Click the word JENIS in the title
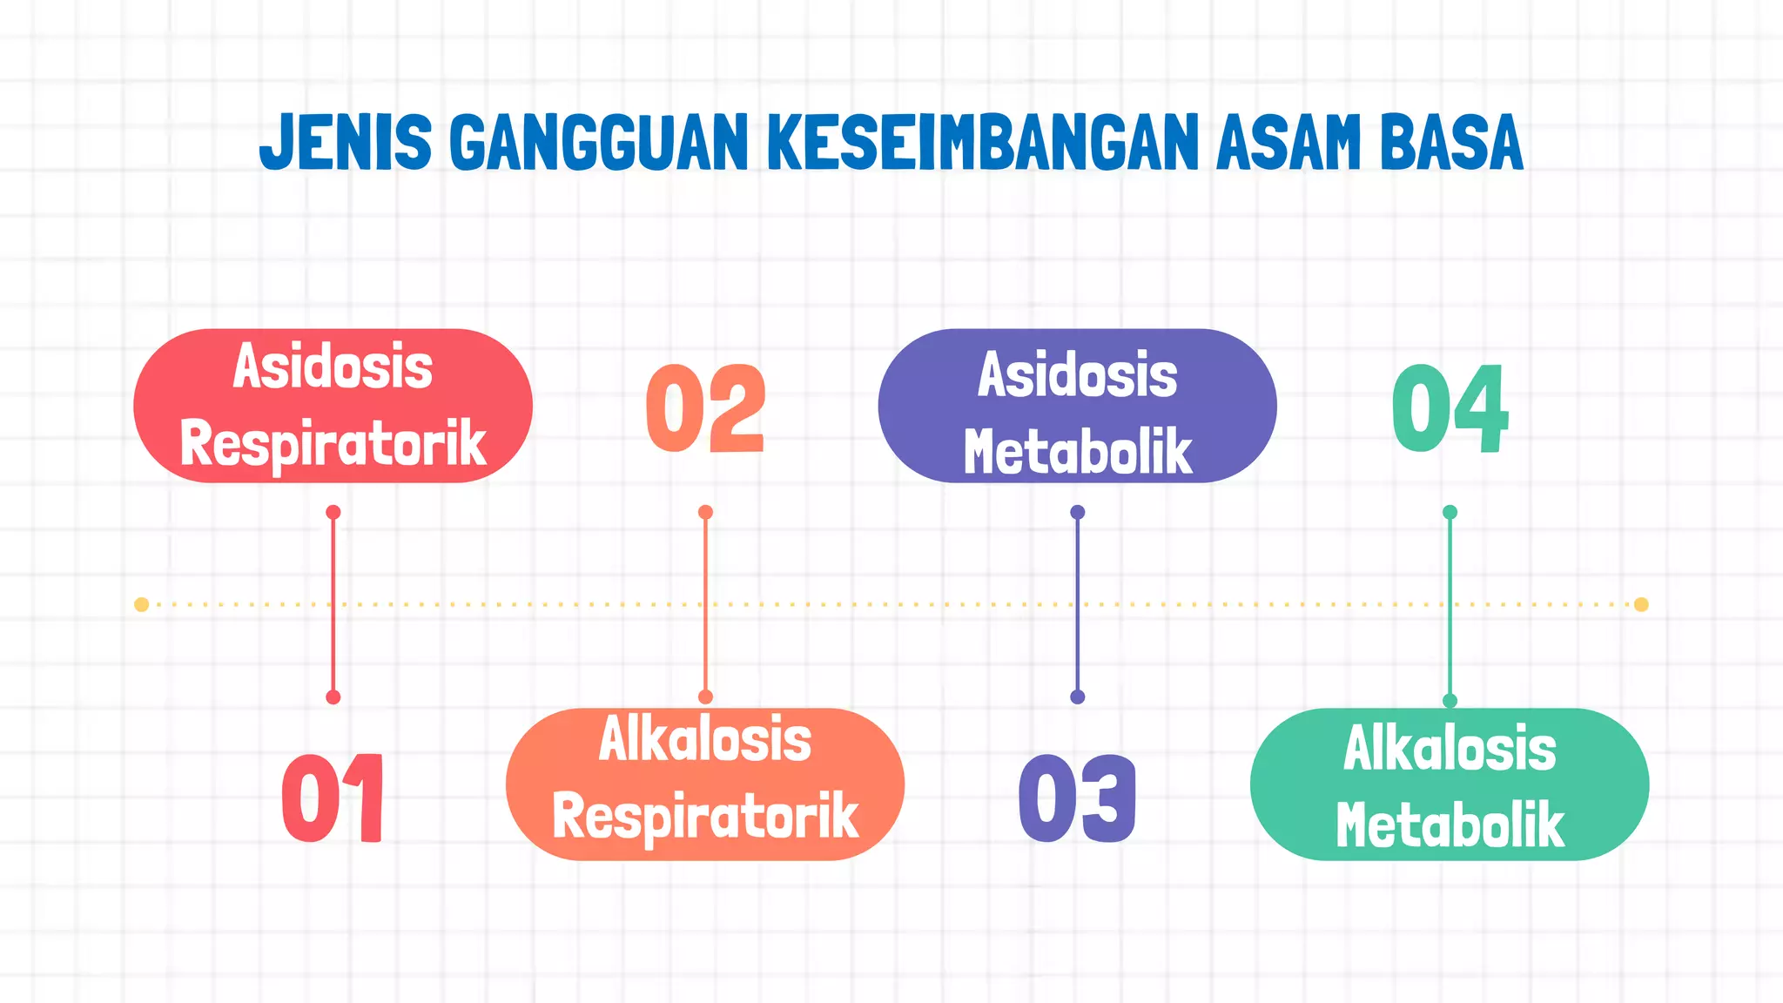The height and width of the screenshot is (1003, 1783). tap(346, 142)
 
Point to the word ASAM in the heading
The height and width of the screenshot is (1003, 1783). tap(1288, 142)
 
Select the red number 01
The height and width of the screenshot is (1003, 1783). tap(333, 798)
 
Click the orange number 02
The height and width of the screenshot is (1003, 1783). tap(706, 408)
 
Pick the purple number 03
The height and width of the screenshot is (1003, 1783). tap(1078, 798)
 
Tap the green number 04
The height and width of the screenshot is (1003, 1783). tap(1450, 408)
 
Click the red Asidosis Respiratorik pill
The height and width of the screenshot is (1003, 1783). tap(333, 406)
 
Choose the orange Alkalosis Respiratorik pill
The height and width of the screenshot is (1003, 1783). tap(705, 784)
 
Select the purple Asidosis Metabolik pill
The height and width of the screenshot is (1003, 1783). tap(1078, 406)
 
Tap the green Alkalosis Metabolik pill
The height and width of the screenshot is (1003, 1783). tap(1450, 784)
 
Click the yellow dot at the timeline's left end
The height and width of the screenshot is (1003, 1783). tap(142, 604)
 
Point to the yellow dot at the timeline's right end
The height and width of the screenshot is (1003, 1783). tap(1641, 604)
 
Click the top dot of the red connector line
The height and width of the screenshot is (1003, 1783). tap(333, 512)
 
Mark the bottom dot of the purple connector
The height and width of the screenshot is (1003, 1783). tap(1078, 697)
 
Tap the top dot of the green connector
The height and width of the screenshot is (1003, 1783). tap(1450, 512)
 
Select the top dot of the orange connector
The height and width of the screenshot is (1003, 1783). tap(706, 512)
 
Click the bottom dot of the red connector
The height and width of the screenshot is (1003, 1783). tap(333, 697)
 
